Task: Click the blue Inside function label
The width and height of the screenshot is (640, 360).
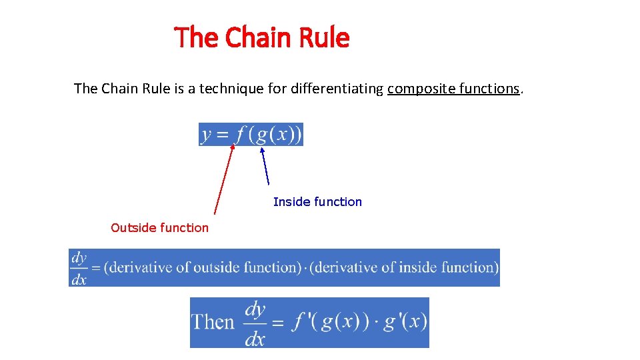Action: point(317,201)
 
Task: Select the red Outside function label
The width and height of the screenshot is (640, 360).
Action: point(159,228)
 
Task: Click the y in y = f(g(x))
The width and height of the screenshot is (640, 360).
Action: point(207,135)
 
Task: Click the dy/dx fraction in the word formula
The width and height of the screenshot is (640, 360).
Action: point(79,267)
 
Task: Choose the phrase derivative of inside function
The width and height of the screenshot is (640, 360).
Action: point(405,267)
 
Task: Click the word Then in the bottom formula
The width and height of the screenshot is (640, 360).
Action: point(213,322)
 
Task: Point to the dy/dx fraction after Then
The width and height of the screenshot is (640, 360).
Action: point(255,323)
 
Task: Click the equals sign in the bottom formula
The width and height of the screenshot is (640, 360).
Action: point(278,323)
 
